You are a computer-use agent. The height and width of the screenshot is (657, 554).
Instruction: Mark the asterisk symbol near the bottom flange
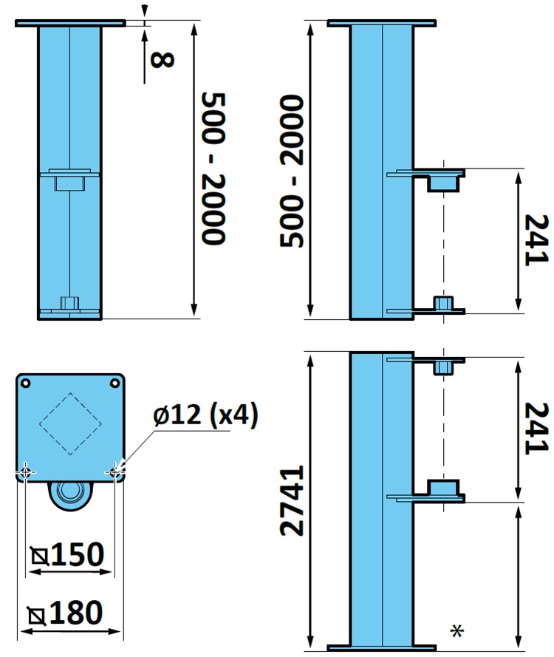[457, 630]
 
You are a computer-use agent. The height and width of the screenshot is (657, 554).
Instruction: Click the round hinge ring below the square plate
[71, 494]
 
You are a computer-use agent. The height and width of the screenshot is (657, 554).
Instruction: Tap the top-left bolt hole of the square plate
[26, 383]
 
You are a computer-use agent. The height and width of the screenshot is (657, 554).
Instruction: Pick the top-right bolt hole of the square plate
[114, 383]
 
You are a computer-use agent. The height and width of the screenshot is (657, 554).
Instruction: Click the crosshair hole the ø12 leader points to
[115, 470]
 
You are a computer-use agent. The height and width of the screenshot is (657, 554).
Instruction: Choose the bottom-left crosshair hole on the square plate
[26, 471]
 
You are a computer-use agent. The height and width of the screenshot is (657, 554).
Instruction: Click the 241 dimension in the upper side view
[535, 239]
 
